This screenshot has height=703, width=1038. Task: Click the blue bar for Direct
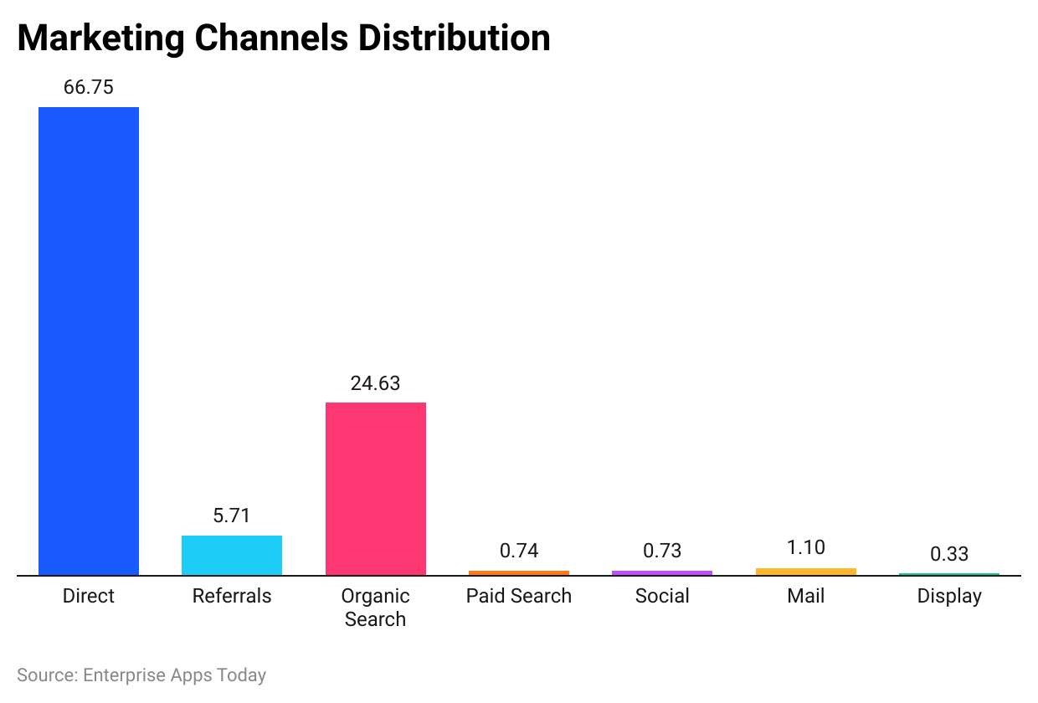[x=89, y=341]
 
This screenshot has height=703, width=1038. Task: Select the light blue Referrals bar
[x=232, y=555]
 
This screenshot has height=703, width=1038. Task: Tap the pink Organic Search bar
[x=375, y=489]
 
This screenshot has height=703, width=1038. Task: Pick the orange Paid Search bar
[x=519, y=573]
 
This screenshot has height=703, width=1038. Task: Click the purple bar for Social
[x=662, y=573]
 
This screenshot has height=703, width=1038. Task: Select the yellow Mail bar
[x=805, y=572]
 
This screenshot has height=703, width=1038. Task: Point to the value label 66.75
[x=89, y=87]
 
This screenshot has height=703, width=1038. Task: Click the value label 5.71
[x=232, y=516]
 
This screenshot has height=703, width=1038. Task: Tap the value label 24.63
[x=375, y=383]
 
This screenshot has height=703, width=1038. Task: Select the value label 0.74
[x=519, y=551]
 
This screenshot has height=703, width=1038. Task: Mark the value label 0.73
[x=662, y=551]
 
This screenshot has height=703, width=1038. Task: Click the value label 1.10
[x=805, y=547]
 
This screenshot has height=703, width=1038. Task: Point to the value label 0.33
[x=949, y=554]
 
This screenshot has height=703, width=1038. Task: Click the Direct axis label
[x=89, y=596]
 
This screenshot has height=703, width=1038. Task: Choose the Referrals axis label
[x=232, y=596]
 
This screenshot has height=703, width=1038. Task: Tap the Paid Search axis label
[x=519, y=596]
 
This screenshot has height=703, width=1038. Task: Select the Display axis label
[x=949, y=596]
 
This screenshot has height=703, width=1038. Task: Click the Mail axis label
[x=805, y=596]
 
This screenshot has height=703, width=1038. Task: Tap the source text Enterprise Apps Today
[x=174, y=675]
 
